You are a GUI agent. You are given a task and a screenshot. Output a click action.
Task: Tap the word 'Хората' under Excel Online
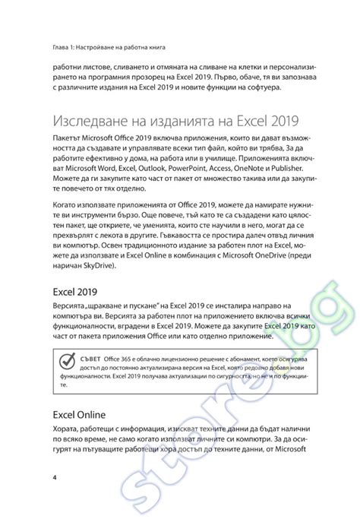click(67, 430)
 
